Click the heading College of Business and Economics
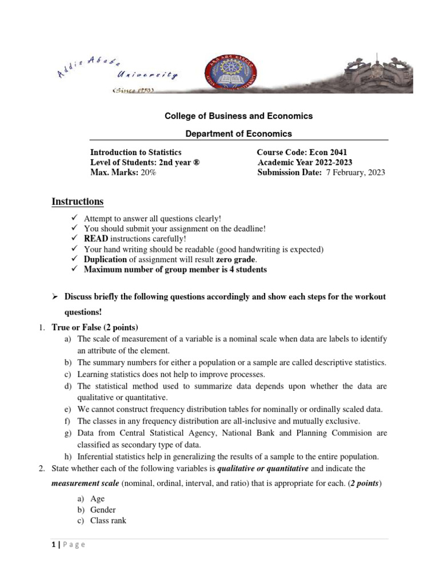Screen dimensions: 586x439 tap(238, 116)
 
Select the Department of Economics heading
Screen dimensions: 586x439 tap(238, 133)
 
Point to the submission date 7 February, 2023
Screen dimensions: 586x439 tap(355, 172)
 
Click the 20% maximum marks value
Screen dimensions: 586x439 tap(148, 172)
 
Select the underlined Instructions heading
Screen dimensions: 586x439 tap(78, 201)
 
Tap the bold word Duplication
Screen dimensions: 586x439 tap(105, 259)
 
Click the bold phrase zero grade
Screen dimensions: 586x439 tap(237, 259)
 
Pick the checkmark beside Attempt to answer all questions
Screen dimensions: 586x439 tap(74, 218)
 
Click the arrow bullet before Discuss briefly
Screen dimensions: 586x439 tap(55, 296)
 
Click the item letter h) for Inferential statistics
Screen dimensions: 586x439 tap(69, 456)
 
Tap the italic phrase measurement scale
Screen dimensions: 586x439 tap(84, 483)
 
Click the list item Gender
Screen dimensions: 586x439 tap(103, 509)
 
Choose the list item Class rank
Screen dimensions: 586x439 tap(108, 520)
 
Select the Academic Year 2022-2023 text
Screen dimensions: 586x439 tap(305, 162)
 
